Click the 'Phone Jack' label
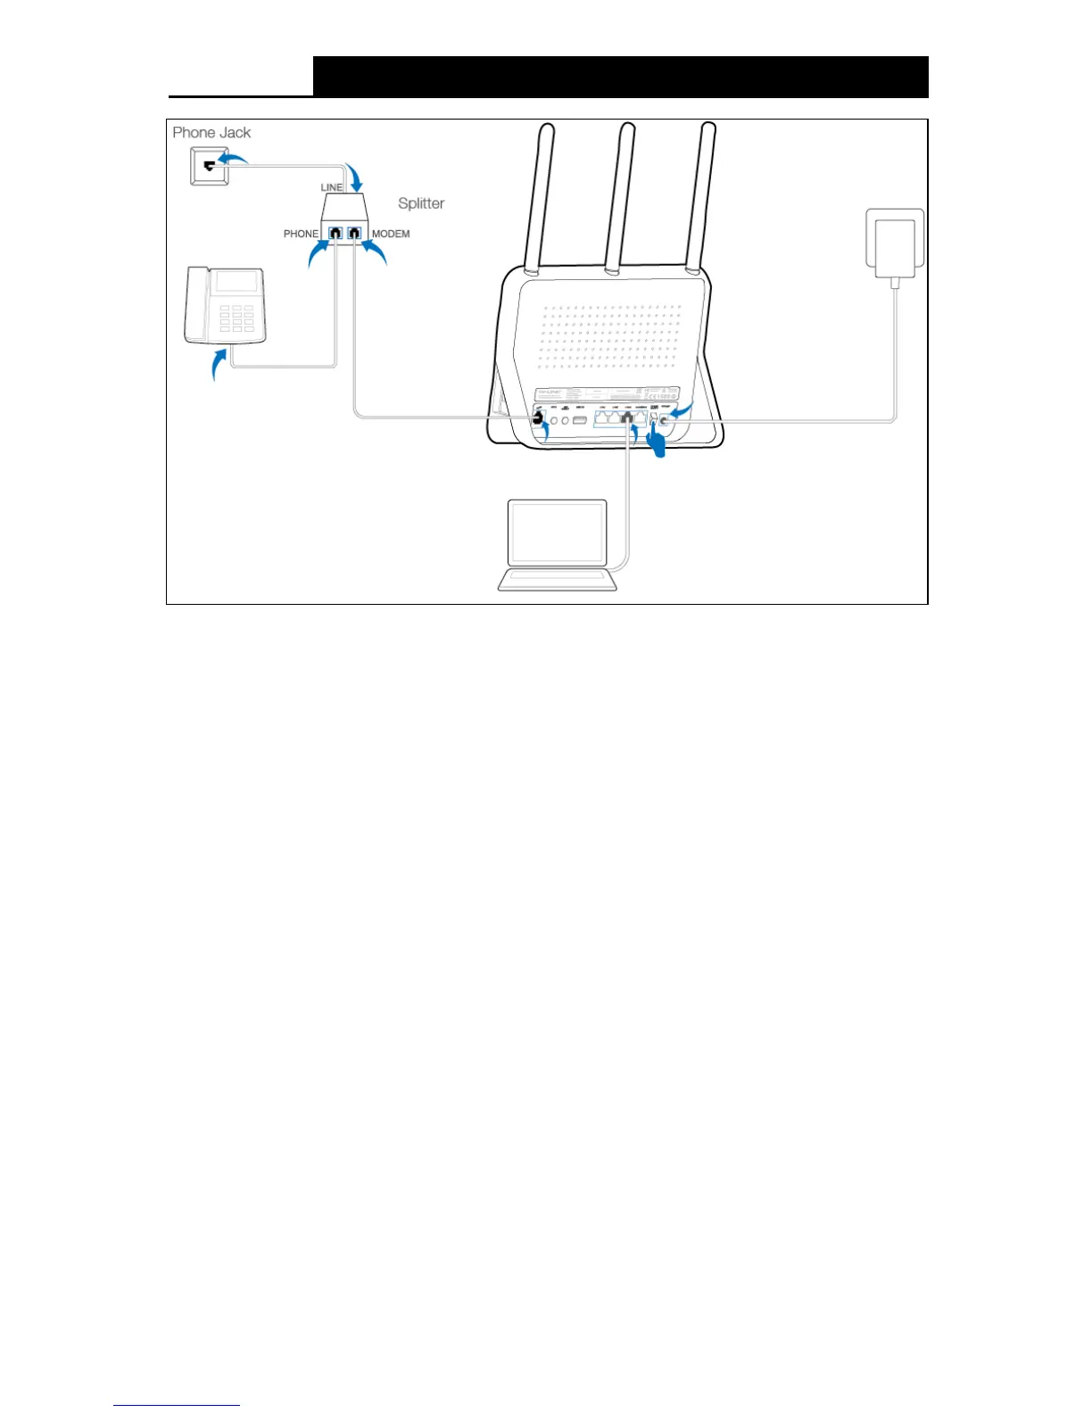(211, 133)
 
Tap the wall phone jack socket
(210, 167)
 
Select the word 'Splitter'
(421, 203)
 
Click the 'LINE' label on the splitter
(332, 187)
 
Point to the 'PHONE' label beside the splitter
(301, 234)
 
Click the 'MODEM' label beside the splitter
(391, 234)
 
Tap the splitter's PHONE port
(335, 234)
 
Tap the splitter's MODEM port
(355, 234)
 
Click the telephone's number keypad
(236, 319)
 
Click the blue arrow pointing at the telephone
(217, 364)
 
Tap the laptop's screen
(557, 533)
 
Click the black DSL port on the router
(538, 417)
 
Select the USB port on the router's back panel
(580, 418)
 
